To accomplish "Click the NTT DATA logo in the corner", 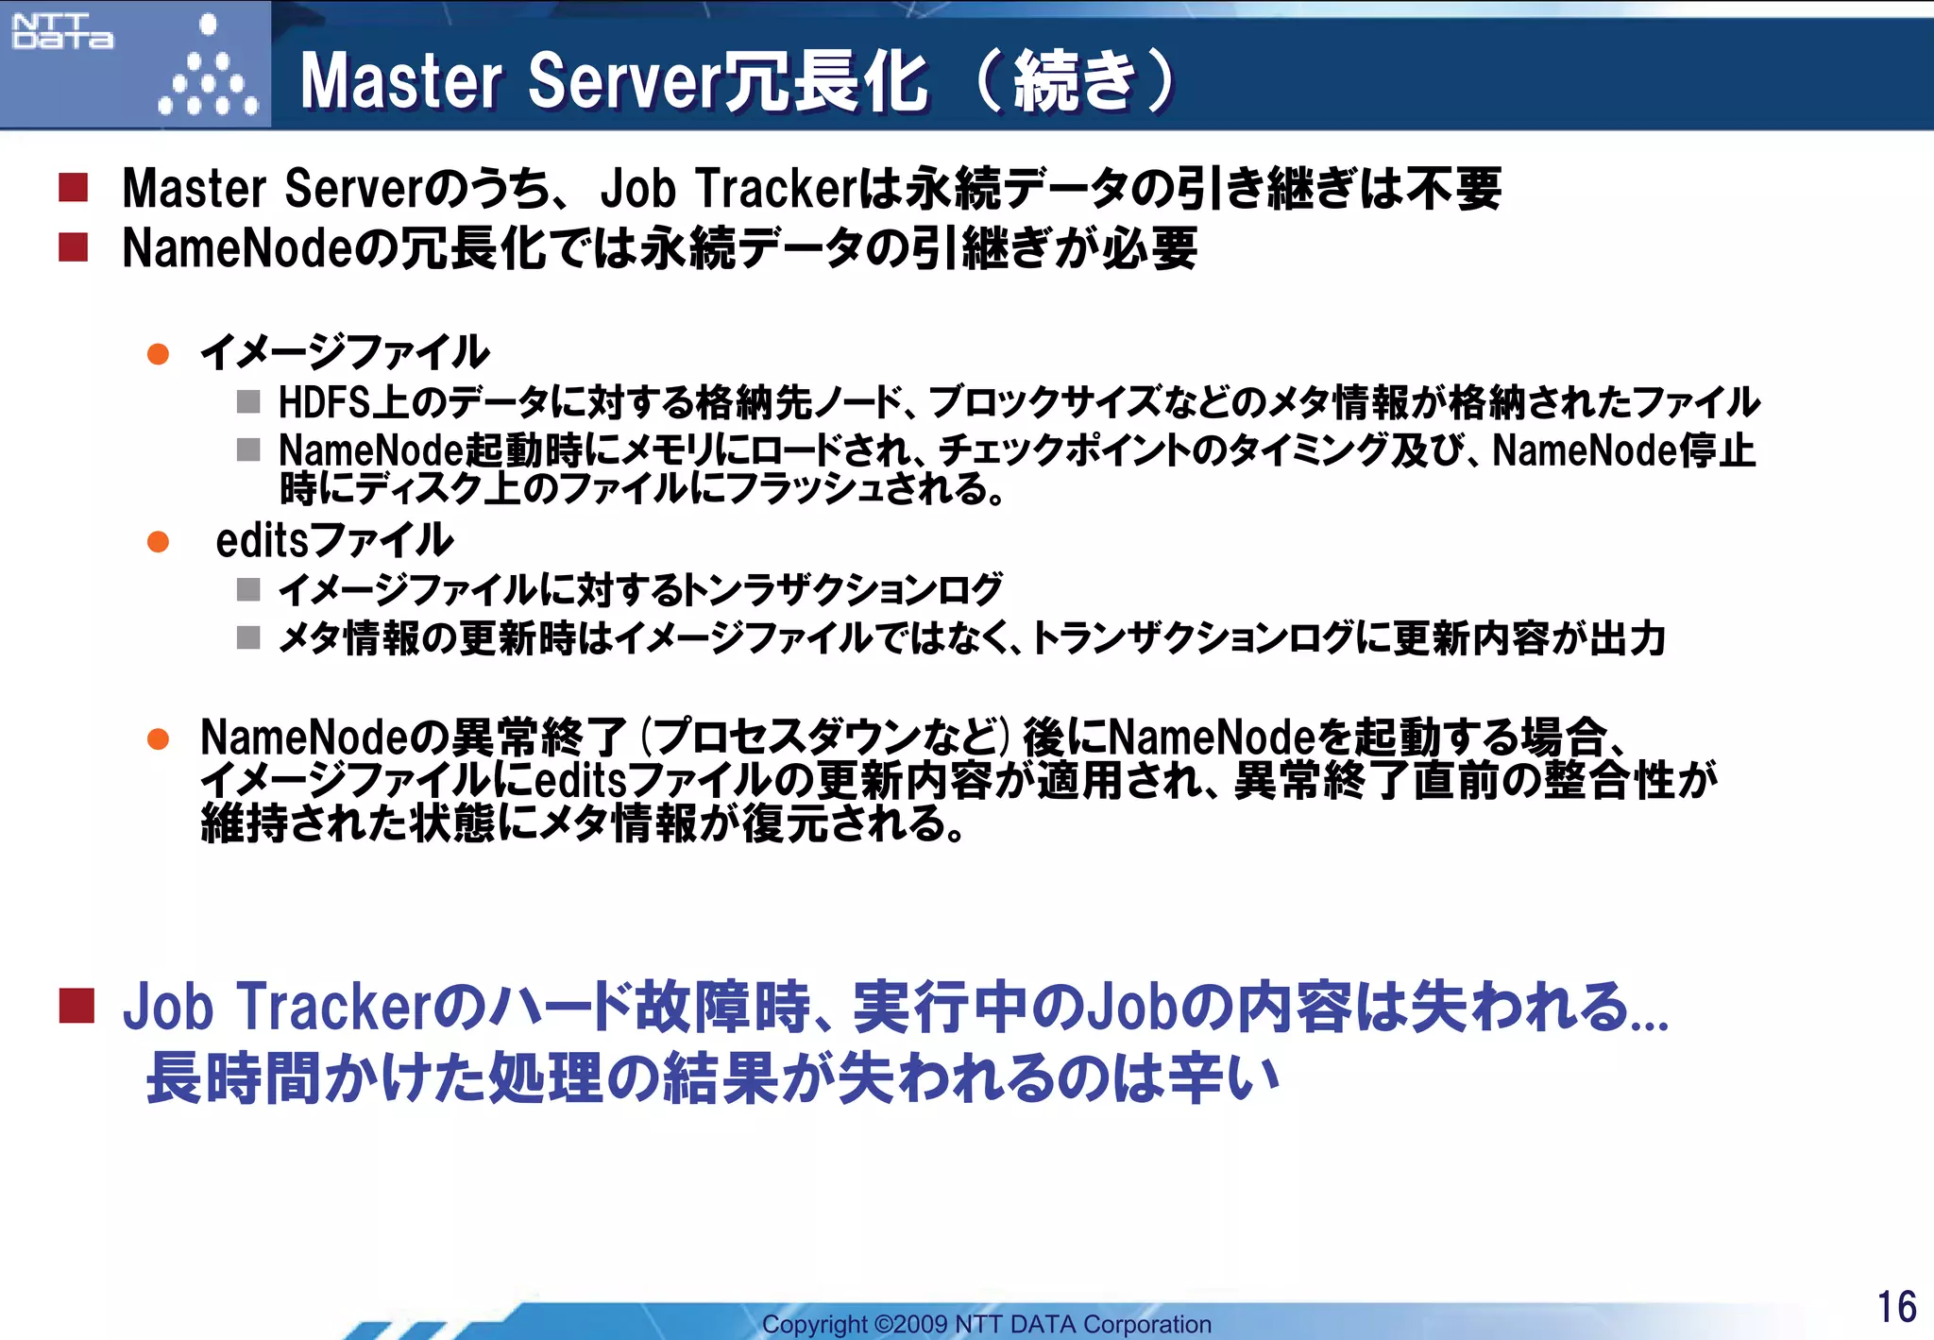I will [x=62, y=32].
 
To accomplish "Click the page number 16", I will [x=1895, y=1307].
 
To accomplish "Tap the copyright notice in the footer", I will [x=986, y=1324].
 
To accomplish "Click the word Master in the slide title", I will [x=401, y=81].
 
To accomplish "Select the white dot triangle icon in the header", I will [x=208, y=71].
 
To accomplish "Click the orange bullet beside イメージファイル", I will [x=158, y=354].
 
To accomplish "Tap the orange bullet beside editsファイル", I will [x=158, y=542].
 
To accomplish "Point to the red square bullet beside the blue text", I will [x=76, y=1006].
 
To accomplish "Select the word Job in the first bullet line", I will [x=637, y=188].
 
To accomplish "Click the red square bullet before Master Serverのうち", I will [x=74, y=187].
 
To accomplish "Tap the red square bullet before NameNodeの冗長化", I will [x=74, y=247].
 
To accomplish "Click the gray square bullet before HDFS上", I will [x=248, y=402].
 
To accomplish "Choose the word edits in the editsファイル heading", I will [x=262, y=541].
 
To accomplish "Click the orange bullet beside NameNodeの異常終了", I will [x=158, y=738].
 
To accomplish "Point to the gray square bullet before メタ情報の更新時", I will [x=248, y=638].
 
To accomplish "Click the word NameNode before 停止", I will [x=1571, y=450].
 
